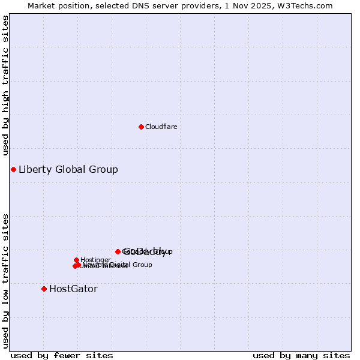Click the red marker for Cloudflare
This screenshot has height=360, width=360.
point(141,127)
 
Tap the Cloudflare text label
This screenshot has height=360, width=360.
point(161,127)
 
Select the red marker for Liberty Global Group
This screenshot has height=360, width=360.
point(13,169)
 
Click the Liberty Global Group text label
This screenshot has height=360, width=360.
point(68,169)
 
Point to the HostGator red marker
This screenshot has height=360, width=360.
point(44,289)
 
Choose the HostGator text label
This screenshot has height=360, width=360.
point(73,289)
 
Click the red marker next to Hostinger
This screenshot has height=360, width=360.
point(76,260)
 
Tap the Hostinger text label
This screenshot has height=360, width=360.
point(95,260)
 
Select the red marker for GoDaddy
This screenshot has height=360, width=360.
point(118,251)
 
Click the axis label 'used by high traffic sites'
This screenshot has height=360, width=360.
point(5,85)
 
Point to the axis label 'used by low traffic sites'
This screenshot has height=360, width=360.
point(5,280)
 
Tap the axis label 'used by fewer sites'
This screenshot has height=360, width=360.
point(62,355)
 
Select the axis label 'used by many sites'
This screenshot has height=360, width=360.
point(301,355)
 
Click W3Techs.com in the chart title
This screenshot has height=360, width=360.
point(309,5)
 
